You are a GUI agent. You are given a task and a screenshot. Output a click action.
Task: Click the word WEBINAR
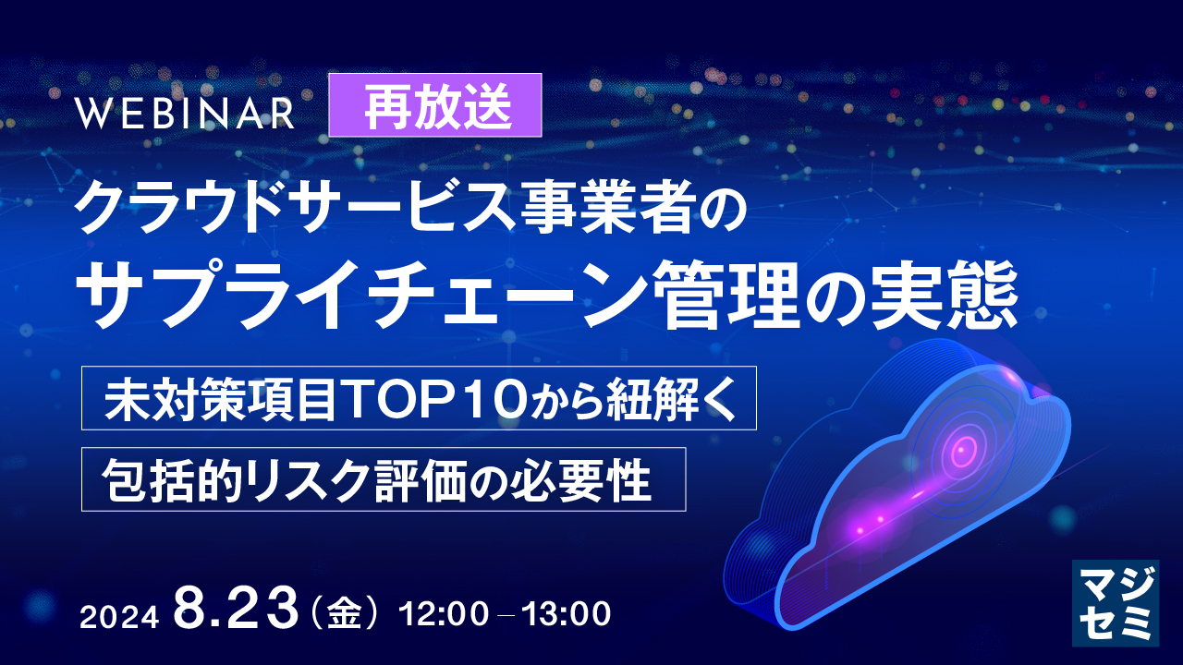pos(185,113)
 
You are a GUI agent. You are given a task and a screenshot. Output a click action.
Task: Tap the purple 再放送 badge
pos(435,105)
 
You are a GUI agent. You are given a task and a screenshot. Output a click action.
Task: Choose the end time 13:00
pos(565,613)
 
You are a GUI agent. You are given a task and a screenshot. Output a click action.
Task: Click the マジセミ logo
pos(1115,602)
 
